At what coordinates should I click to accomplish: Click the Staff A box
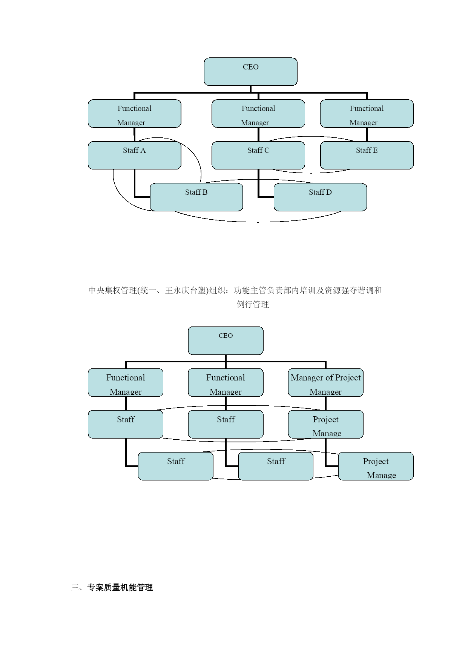[134, 155]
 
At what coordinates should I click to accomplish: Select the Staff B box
[196, 197]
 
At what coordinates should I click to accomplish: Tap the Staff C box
[258, 155]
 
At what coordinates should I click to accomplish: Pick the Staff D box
[320, 197]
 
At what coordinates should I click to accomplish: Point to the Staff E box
[367, 155]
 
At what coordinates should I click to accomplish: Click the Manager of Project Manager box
[326, 382]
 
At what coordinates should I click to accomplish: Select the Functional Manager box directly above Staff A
[134, 114]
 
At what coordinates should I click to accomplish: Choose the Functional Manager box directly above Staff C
[258, 114]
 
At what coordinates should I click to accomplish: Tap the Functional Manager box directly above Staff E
[367, 114]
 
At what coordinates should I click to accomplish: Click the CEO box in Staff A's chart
[251, 72]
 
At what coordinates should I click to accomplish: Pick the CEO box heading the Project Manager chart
[226, 340]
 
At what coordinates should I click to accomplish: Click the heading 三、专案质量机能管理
[112, 587]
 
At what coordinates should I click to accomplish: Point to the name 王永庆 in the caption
[177, 290]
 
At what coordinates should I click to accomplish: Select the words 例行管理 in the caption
[253, 304]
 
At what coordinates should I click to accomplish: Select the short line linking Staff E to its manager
[367, 134]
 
